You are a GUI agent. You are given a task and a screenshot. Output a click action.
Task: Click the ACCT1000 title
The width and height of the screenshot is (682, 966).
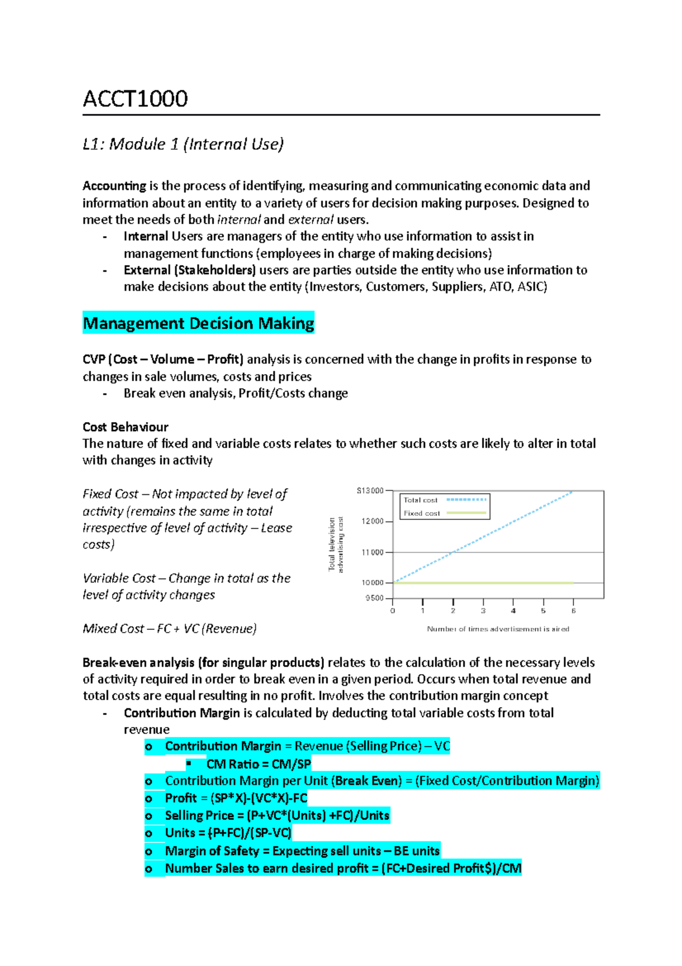135,99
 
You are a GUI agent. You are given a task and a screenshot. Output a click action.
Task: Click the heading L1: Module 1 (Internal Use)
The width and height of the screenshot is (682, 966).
183,145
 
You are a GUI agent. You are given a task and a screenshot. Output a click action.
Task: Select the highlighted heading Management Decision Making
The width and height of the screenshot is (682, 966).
198,324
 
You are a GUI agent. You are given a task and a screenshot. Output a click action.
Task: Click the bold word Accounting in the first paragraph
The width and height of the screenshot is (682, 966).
114,186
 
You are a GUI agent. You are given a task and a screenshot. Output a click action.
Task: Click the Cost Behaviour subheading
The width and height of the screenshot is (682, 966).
125,427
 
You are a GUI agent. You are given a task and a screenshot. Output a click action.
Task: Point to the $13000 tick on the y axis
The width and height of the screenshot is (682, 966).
370,491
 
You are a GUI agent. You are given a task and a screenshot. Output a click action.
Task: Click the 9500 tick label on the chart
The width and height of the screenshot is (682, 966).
375,598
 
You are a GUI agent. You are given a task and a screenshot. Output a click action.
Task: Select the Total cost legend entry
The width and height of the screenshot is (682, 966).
421,500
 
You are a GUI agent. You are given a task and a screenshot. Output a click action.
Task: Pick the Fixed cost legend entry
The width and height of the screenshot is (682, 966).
422,513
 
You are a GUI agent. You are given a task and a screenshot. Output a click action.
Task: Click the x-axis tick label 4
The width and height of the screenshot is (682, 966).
513,611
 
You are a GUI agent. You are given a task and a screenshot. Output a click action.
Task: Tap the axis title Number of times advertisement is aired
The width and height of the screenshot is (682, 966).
498,629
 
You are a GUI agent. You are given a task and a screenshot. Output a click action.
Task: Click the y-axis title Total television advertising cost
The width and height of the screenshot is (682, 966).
336,544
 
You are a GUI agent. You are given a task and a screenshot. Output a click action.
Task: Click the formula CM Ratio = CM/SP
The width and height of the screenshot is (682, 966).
259,764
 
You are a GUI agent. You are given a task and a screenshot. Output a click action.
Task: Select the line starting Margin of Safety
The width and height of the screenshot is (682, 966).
302,851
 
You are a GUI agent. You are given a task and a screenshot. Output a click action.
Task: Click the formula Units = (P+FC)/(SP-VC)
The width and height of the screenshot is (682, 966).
228,833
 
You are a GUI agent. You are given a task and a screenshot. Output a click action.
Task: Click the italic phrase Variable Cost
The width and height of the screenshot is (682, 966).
119,579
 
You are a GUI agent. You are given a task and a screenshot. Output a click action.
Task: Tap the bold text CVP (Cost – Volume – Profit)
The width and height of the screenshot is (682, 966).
163,360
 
